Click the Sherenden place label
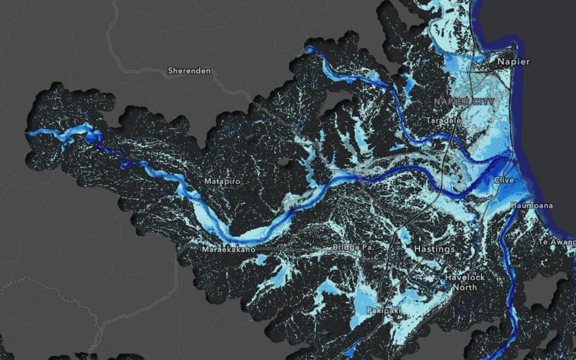pyautogui.click(x=189, y=71)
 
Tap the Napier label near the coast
pyautogui.click(x=513, y=61)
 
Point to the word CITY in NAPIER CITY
pyautogui.click(x=483, y=102)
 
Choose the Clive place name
pyautogui.click(x=504, y=180)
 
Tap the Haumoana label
pyautogui.click(x=532, y=206)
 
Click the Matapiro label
pyautogui.click(x=222, y=181)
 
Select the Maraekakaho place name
pyautogui.click(x=229, y=250)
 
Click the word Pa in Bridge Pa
pyautogui.click(x=368, y=248)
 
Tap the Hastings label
pyautogui.click(x=434, y=249)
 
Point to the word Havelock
pyautogui.click(x=465, y=278)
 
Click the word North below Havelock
pyautogui.click(x=465, y=288)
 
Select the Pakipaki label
pyautogui.click(x=383, y=311)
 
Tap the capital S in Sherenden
pyautogui.click(x=171, y=71)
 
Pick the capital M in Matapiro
pyautogui.click(x=207, y=181)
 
